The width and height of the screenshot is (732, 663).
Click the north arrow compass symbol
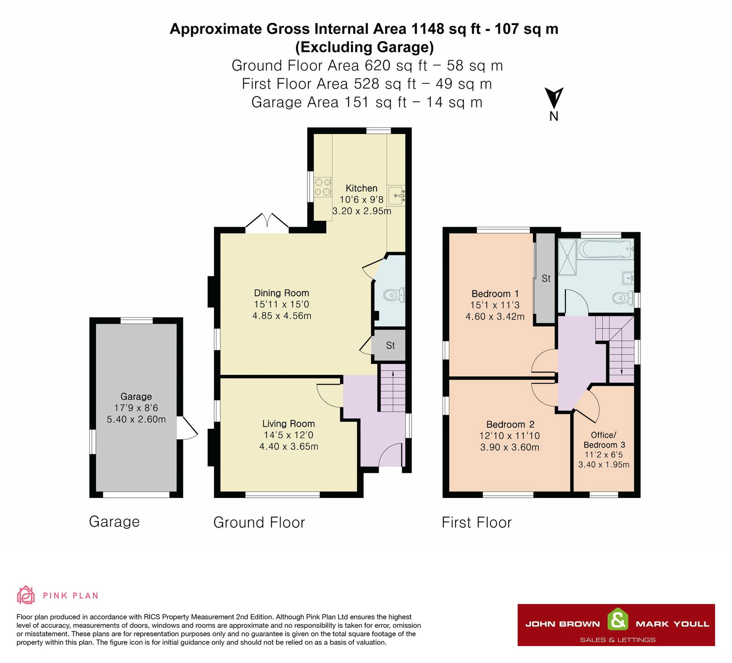554,98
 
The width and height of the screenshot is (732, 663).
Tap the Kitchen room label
361,188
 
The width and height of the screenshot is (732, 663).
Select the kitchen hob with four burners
323,187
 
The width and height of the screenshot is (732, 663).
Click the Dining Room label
281,293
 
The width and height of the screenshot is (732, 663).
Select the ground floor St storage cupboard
389,345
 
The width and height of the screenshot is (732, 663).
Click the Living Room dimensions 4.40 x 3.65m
289,447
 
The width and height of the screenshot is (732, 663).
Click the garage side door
188,428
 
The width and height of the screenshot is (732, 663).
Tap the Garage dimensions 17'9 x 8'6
136,408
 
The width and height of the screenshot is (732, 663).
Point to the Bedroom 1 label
495,294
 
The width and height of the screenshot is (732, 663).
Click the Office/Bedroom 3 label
604,440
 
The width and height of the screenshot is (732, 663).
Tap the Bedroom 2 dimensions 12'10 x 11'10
510,436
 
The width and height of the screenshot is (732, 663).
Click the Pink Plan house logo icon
26,595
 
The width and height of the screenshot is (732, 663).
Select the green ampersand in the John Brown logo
618,620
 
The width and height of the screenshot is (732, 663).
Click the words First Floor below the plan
476,522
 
